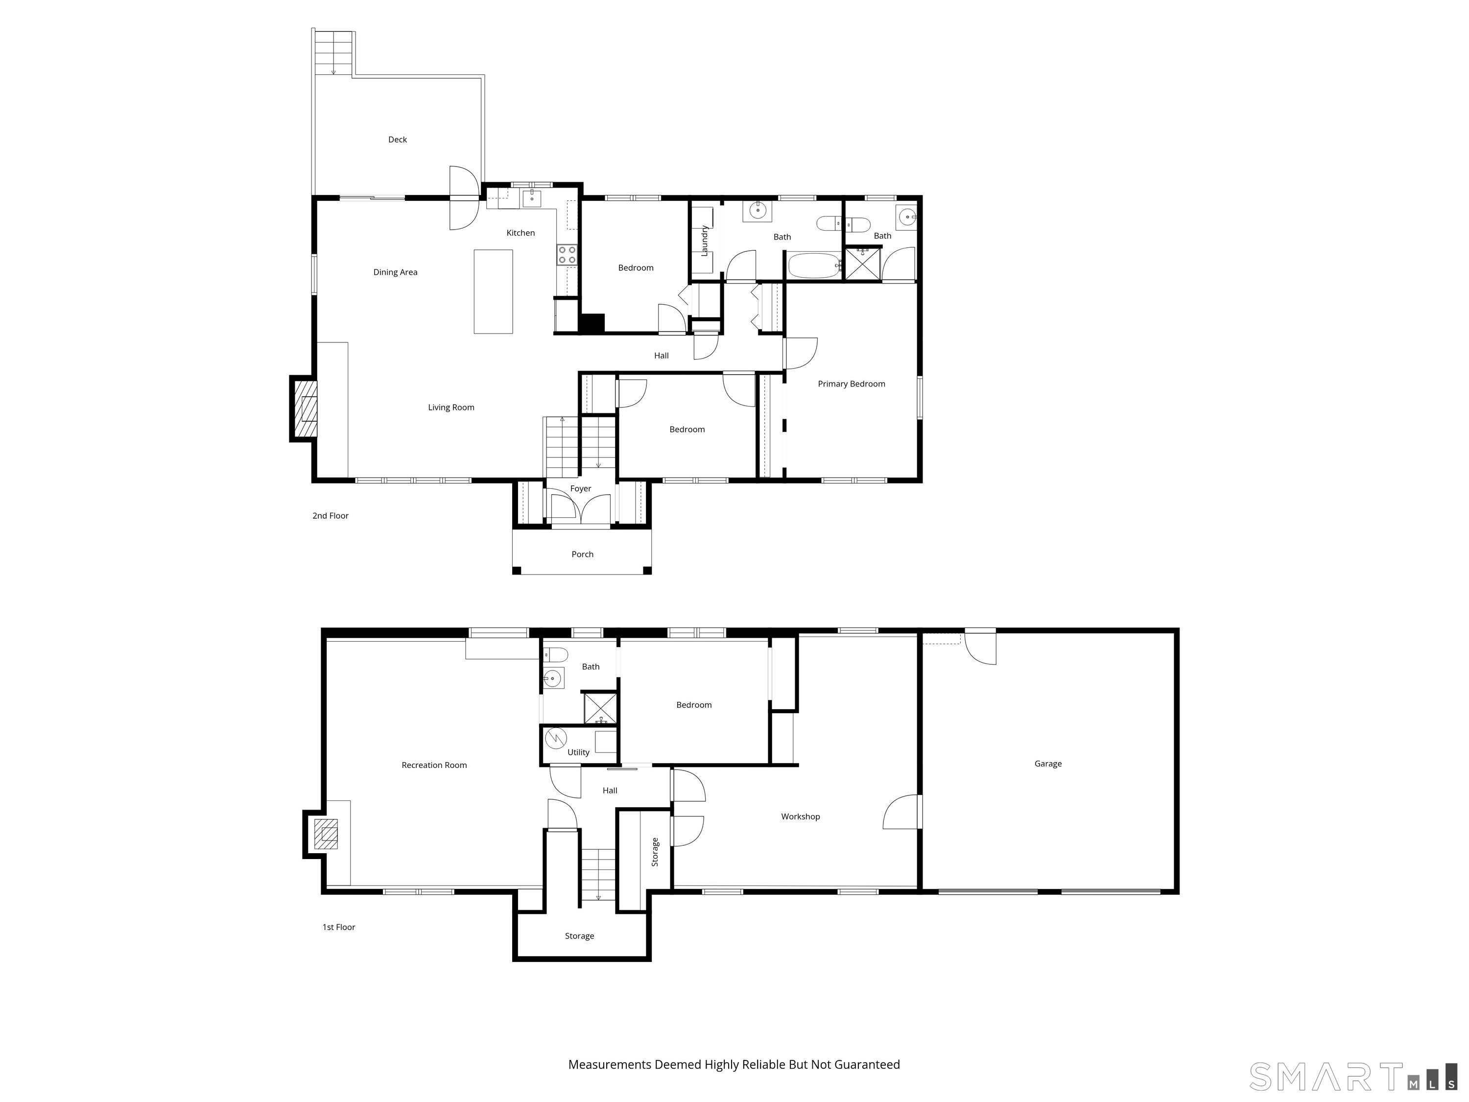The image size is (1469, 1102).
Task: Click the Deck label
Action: (397, 140)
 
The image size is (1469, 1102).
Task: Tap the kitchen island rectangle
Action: (493, 291)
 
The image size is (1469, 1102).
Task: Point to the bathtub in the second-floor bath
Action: (815, 265)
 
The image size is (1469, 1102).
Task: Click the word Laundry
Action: (705, 240)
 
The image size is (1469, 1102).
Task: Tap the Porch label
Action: (582, 554)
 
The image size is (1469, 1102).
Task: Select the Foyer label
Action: (580, 489)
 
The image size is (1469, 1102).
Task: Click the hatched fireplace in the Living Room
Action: (305, 408)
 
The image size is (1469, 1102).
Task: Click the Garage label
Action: (1048, 764)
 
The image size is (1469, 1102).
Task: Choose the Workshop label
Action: (800, 816)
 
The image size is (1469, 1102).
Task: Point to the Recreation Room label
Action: (434, 765)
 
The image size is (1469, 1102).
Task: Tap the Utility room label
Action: (578, 753)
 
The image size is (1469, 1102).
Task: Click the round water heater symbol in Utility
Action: (555, 738)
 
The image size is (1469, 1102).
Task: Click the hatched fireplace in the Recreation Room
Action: (326, 834)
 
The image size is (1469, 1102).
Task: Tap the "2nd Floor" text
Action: (330, 515)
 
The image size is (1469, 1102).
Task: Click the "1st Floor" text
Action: (339, 927)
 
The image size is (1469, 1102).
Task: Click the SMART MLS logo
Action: (1353, 1077)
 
